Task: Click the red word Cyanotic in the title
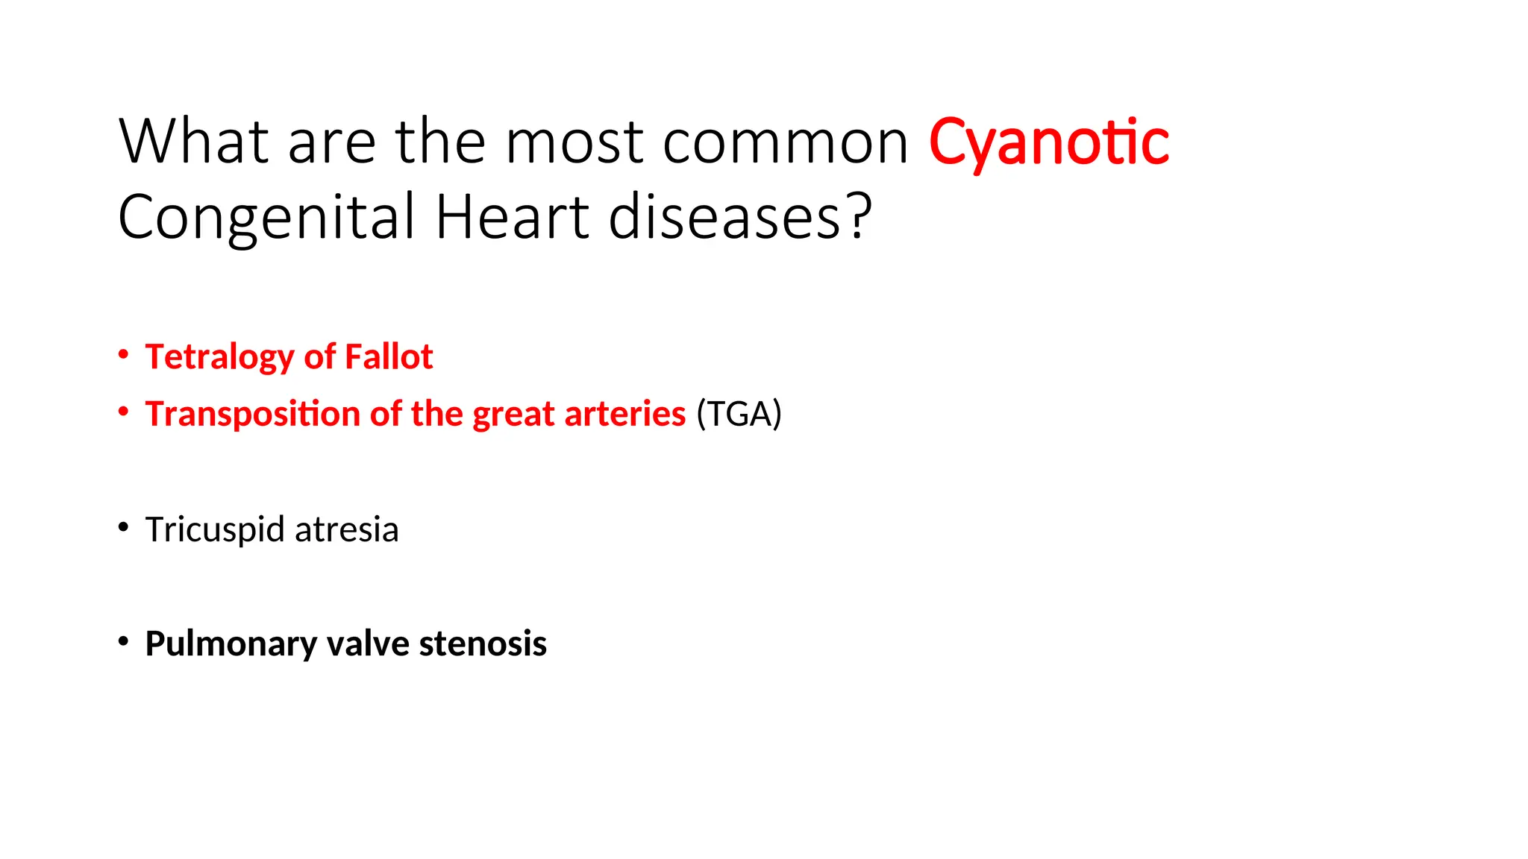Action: pos(1048,142)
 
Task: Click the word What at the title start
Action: pos(193,142)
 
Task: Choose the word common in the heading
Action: pos(785,142)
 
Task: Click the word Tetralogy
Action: pos(219,357)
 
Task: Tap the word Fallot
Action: pos(388,356)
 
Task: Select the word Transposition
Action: pos(252,414)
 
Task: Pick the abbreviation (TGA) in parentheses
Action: pos(739,414)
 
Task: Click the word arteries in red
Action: pos(624,414)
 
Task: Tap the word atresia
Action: pos(346,529)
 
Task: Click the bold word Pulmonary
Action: pos(231,644)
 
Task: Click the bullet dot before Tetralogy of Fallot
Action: pos(124,354)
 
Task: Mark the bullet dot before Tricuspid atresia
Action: pos(124,527)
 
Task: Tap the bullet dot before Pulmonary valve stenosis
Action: pos(124,641)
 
